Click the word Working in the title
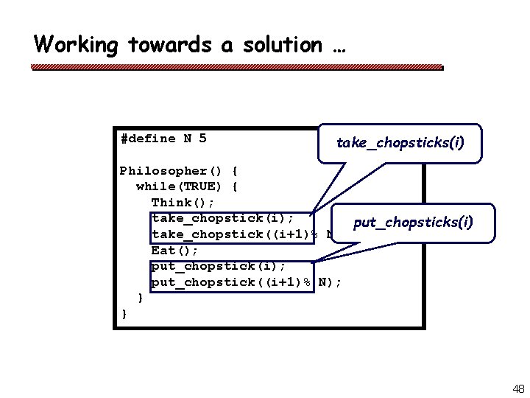(76, 45)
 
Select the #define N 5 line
(163, 139)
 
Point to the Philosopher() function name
(169, 171)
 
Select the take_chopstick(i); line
(223, 218)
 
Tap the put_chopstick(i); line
(219, 266)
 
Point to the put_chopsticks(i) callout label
(413, 222)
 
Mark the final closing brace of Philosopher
(124, 314)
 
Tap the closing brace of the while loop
(140, 298)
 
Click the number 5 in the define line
(202, 139)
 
